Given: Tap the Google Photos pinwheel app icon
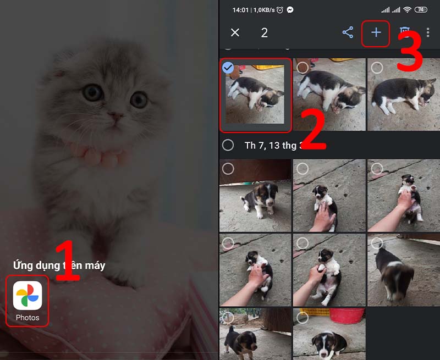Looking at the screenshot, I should pyautogui.click(x=28, y=295).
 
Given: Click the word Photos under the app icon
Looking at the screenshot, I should pyautogui.click(x=28, y=318).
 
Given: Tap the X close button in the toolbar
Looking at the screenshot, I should pyautogui.click(x=235, y=32).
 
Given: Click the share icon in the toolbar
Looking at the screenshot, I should pyautogui.click(x=348, y=32).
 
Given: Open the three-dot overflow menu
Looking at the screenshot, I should pyautogui.click(x=428, y=32).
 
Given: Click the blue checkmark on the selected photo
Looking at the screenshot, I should pyautogui.click(x=228, y=67).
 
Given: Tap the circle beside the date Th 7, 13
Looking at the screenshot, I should pyautogui.click(x=228, y=145).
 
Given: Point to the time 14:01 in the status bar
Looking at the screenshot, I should pyautogui.click(x=240, y=10).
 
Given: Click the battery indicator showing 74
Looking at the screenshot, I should pyautogui.click(x=421, y=10).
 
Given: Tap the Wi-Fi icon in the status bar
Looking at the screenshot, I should pyautogui.click(x=407, y=10).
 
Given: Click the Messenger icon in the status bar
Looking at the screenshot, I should pyautogui.click(x=290, y=10).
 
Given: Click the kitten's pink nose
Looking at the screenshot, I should pyautogui.click(x=115, y=116).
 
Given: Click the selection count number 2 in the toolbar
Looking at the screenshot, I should pyautogui.click(x=264, y=32).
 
